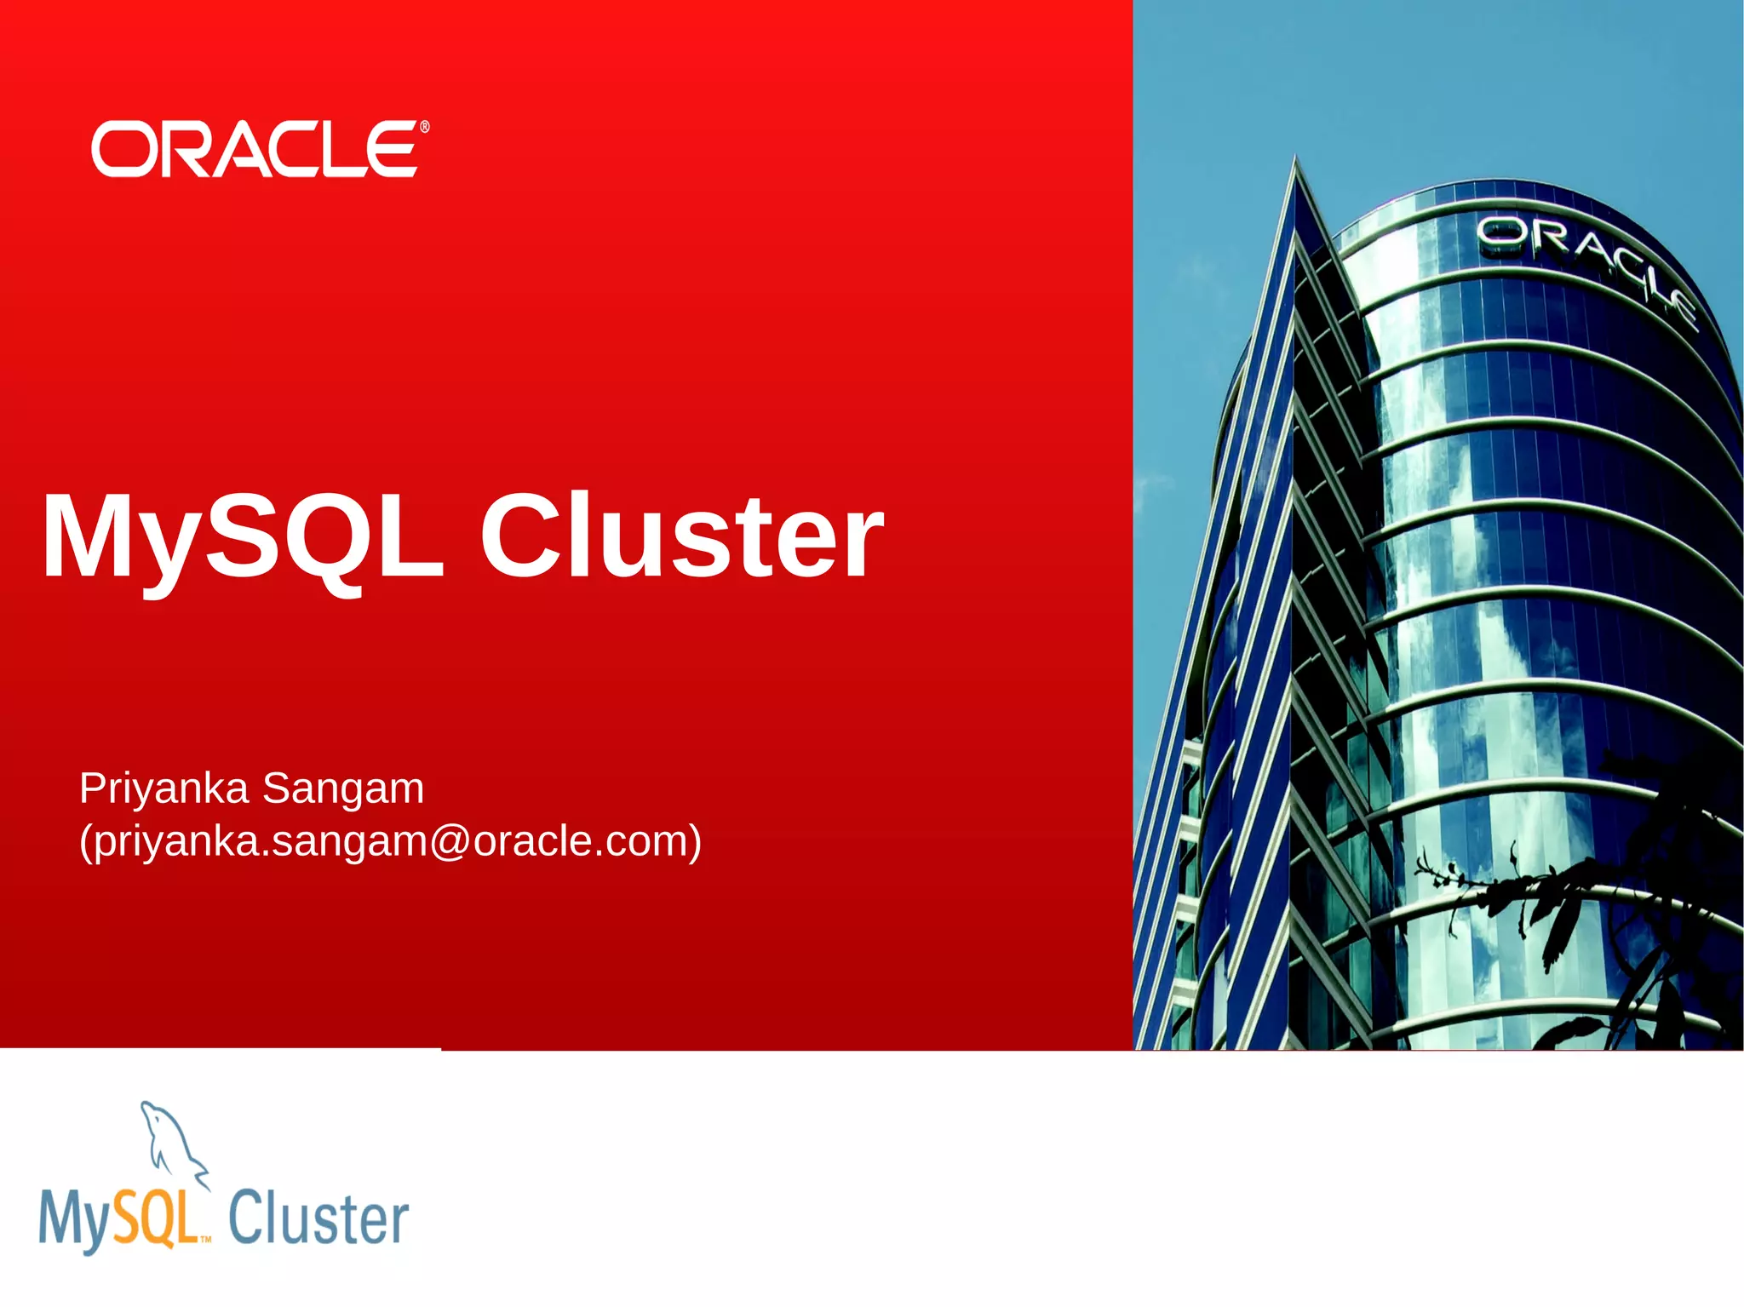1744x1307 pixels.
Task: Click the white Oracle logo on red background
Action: [255, 149]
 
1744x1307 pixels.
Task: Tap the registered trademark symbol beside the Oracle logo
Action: [425, 128]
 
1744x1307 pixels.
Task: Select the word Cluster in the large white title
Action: [681, 537]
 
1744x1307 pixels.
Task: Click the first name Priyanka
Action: [163, 789]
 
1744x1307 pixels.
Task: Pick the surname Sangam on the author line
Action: [343, 789]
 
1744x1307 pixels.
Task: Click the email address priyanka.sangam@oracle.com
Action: [391, 841]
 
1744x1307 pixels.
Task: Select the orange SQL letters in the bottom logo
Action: [156, 1218]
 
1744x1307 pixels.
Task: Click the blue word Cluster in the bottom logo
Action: [318, 1218]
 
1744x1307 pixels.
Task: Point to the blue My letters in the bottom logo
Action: [75, 1222]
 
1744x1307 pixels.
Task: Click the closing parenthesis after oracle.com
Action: [694, 841]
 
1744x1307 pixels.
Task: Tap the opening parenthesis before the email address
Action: [85, 841]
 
